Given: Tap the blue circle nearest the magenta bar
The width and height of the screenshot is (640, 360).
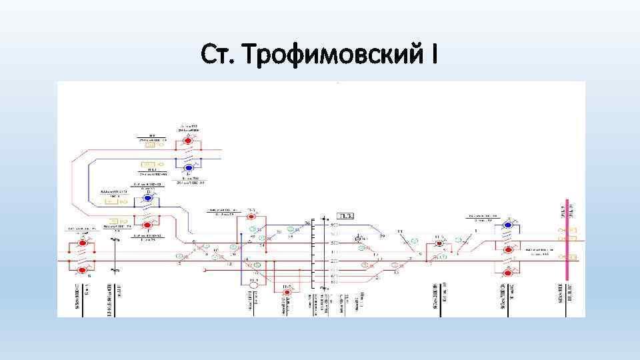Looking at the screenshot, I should point(508,225).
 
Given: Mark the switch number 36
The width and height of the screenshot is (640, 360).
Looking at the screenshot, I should point(307,222).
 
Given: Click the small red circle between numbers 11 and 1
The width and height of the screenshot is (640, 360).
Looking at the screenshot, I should point(439,244).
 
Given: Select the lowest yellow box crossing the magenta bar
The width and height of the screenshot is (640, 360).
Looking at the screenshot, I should point(567,255).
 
